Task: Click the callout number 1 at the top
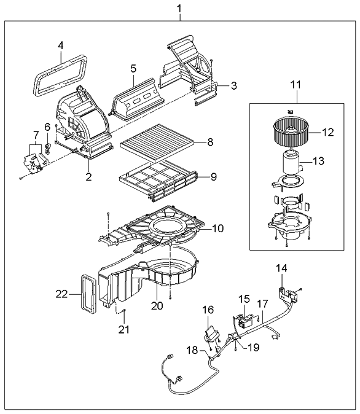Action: click(179, 9)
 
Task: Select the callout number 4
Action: click(60, 45)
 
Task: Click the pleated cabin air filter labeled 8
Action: click(157, 143)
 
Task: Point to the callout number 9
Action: click(213, 177)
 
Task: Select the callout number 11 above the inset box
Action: click(296, 85)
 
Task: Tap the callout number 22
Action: click(61, 294)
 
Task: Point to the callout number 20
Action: click(157, 305)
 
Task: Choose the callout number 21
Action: click(124, 329)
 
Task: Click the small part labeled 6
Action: click(48, 148)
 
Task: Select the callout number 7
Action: click(36, 135)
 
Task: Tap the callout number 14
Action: click(281, 268)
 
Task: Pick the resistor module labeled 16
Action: click(211, 334)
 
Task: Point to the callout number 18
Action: click(192, 350)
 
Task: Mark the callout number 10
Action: click(217, 228)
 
